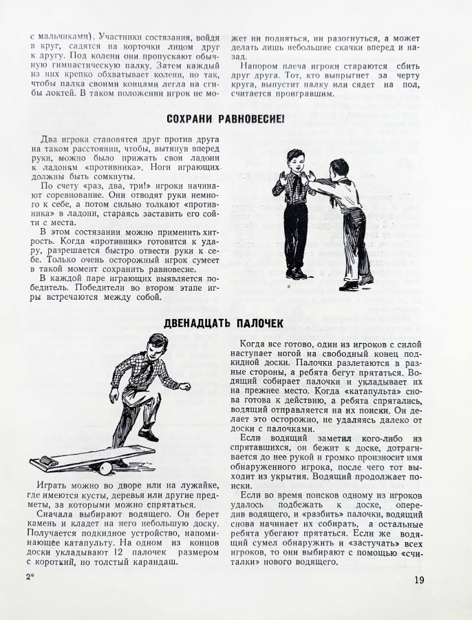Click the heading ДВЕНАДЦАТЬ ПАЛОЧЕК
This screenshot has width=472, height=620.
click(224, 323)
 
